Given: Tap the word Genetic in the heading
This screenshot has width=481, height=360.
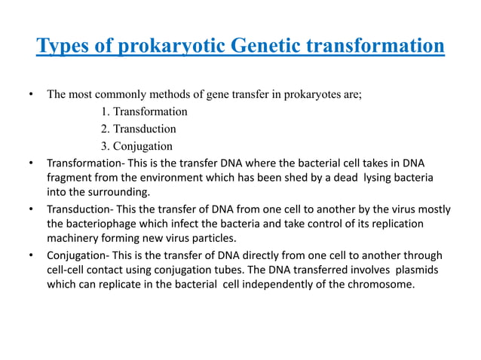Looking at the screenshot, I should tap(256, 47).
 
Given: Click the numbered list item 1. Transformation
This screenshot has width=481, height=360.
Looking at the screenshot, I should tap(144, 111).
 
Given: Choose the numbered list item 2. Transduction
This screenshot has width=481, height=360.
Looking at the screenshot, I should tap(138, 129).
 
